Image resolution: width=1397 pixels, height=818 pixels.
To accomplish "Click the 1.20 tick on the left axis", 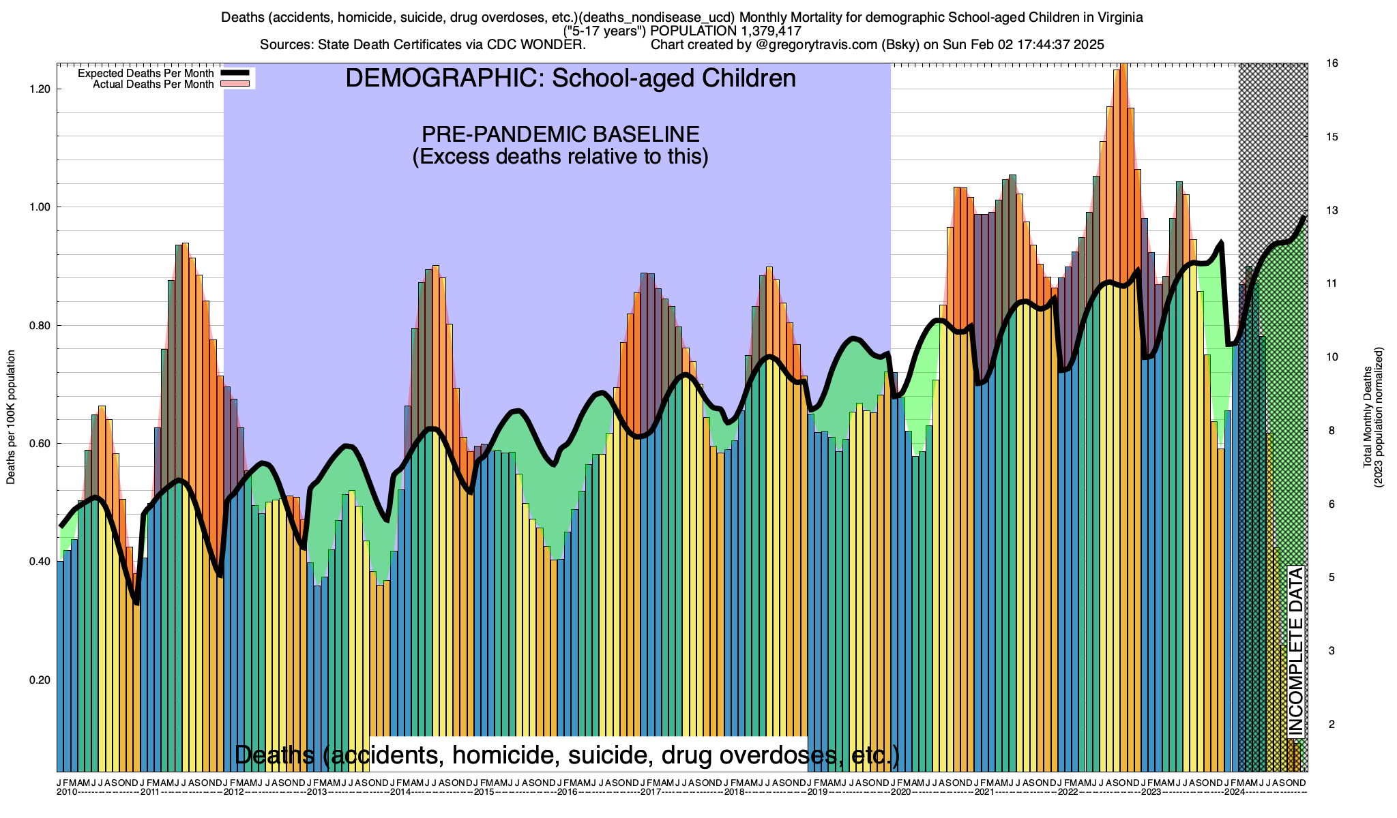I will point(40,89).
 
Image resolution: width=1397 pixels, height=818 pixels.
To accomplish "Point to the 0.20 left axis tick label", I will point(40,680).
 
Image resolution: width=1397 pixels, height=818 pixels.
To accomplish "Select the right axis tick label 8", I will point(1330,431).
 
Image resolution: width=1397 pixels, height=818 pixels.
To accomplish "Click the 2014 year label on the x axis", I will point(400,792).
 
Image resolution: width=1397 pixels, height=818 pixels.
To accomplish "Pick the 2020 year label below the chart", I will point(900,792).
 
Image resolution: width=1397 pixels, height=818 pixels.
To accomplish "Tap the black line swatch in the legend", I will point(237,73).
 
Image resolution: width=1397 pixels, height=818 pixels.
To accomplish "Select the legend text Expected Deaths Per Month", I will point(145,74).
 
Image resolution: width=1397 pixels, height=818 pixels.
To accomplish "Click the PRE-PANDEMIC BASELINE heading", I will point(560,134).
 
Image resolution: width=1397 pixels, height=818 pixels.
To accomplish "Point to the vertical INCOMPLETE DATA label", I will point(1295,652).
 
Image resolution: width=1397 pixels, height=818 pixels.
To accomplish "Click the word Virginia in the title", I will point(1118,18).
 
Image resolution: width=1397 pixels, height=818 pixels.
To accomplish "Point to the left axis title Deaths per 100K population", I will point(11,417).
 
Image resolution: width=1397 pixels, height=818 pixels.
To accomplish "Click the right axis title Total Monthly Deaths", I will point(1367,417).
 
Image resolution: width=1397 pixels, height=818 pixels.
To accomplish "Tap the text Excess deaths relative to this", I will point(560,157).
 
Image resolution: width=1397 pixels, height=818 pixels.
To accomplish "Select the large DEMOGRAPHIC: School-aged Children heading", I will point(570,78).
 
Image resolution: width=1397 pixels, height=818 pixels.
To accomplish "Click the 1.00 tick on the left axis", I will point(40,207).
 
